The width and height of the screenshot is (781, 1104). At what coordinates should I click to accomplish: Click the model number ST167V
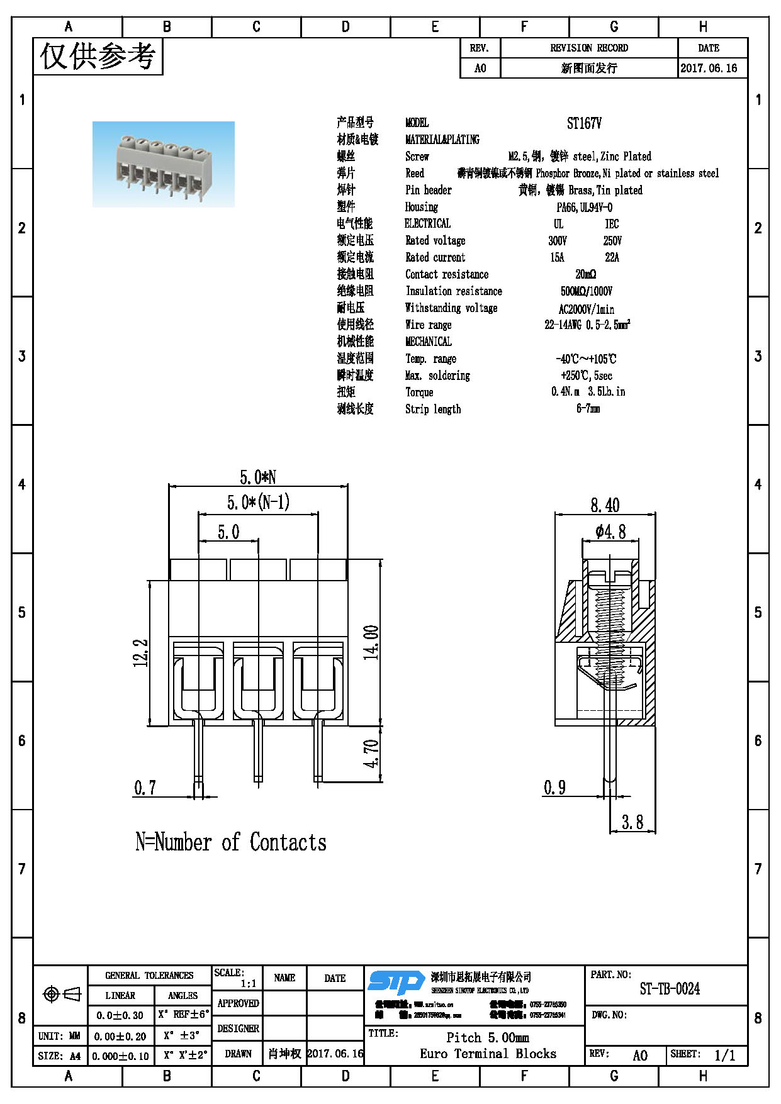click(583, 123)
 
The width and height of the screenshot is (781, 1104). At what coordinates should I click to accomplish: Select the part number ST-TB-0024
click(669, 989)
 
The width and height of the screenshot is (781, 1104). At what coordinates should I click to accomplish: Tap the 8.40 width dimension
click(605, 505)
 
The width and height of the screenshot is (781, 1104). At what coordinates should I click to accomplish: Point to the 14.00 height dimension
click(371, 642)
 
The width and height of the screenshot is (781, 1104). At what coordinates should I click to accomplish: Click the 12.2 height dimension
click(141, 653)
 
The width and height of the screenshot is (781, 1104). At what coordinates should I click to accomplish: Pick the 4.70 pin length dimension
click(371, 753)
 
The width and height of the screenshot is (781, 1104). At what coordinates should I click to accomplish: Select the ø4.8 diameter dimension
click(610, 532)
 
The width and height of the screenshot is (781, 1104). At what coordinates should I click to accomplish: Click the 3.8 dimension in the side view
click(632, 822)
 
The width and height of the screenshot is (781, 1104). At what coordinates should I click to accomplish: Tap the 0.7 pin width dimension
click(145, 788)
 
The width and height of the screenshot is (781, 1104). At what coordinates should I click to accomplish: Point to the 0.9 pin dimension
click(554, 788)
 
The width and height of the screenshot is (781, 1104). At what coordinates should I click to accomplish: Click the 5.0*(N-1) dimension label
click(258, 502)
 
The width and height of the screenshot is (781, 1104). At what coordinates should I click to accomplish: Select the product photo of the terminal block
click(164, 164)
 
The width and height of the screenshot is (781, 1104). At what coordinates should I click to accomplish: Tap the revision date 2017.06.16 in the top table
click(709, 68)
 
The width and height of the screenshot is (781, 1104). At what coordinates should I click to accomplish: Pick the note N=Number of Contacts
click(231, 842)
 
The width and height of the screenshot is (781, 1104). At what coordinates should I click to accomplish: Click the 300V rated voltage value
click(557, 241)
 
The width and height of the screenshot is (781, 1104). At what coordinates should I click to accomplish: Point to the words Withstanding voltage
click(451, 308)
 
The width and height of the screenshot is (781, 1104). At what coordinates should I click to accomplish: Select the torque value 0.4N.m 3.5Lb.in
click(588, 392)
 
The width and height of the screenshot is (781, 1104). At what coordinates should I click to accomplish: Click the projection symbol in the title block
click(61, 994)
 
